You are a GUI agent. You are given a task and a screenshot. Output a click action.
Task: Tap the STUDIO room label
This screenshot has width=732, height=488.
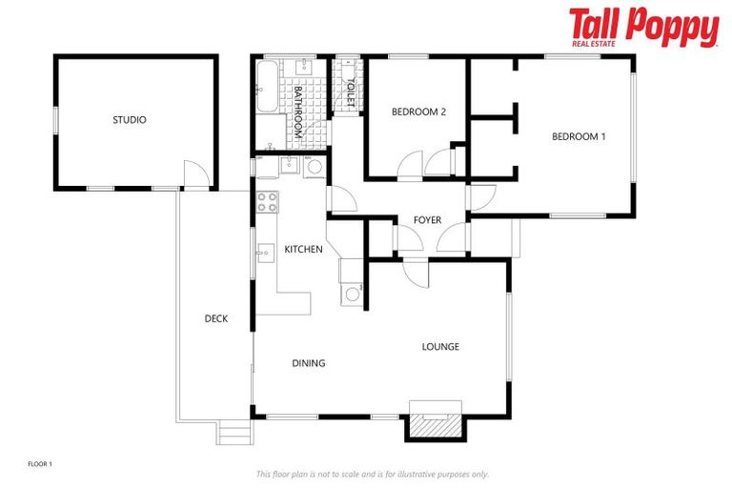coord(130,120)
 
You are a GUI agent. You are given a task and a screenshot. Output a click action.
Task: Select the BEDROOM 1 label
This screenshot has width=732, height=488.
coord(579,136)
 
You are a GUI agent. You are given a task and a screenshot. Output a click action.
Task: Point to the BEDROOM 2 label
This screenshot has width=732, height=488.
coord(418,112)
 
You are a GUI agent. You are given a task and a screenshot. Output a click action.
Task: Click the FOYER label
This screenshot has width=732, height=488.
coord(427,220)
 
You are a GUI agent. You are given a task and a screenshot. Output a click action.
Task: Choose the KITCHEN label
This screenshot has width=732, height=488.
coord(303,250)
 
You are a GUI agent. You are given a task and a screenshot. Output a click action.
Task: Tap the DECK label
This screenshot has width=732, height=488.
coord(216,319)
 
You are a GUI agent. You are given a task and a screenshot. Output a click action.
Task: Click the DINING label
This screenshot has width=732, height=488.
coord(309,363)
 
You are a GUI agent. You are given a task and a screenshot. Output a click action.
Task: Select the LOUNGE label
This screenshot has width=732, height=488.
coord(440,347)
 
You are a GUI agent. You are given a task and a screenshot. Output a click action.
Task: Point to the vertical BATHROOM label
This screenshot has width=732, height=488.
coord(297,112)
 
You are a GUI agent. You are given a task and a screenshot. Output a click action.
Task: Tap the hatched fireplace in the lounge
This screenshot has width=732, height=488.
coord(435,423)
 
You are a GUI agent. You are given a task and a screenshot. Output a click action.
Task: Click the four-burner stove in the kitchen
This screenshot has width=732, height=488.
coord(267,201)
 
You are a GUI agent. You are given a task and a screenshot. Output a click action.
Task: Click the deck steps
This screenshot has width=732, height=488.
coord(234,434)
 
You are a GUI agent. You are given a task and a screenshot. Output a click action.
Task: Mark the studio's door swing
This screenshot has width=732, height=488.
coord(194,174)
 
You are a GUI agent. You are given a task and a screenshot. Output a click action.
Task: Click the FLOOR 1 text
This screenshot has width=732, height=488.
coord(40,464)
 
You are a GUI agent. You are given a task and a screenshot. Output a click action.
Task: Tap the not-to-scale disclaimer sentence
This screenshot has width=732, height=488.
coord(372,474)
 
